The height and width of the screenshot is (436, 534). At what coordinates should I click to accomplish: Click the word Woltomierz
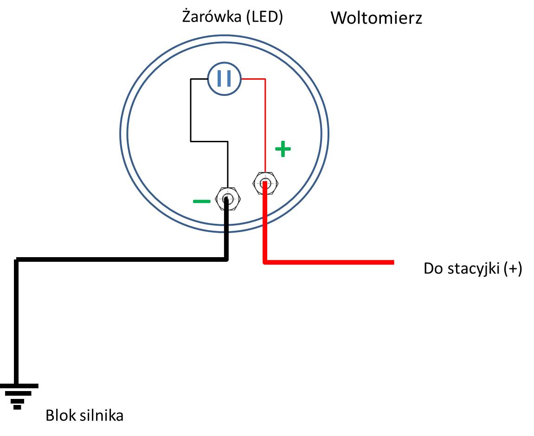[376, 19]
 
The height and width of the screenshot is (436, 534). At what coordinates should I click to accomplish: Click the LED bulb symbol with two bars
[224, 79]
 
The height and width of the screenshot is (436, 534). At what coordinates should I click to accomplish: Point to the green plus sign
[283, 149]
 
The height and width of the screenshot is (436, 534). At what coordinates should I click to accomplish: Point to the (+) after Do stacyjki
[513, 269]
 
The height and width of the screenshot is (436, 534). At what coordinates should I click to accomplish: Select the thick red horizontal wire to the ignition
[329, 262]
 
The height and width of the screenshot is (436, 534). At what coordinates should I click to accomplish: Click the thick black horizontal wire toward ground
[121, 259]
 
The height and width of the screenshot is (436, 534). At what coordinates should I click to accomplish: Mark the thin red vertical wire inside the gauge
[265, 125]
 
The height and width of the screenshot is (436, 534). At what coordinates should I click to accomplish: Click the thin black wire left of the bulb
[191, 109]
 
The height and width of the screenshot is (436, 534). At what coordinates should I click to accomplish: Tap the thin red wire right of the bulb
[253, 79]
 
